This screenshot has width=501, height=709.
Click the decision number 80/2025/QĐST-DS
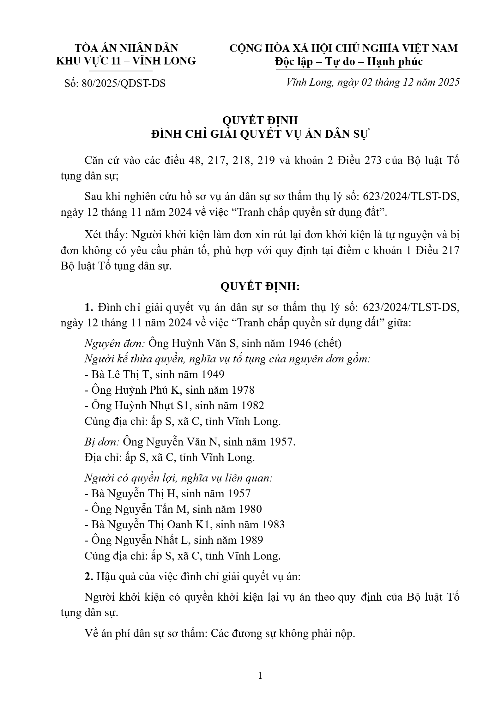123,83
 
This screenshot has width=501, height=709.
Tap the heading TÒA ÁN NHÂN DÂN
126,48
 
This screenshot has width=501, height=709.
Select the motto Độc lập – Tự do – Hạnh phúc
348,62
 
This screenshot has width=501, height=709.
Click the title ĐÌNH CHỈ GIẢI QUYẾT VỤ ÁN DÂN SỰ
260,134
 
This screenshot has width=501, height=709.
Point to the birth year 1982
252,405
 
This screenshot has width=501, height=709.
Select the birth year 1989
251,540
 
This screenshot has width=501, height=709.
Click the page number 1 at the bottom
260,676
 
